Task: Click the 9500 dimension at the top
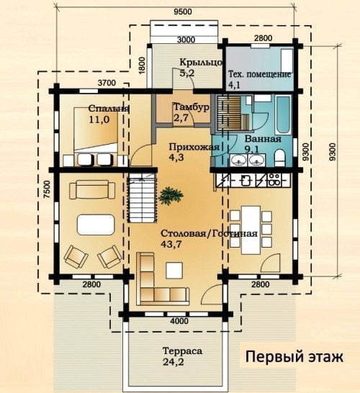182,12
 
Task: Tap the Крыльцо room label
201,62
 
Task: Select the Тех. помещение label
259,74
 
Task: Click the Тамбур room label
192,107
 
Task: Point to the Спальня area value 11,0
99,119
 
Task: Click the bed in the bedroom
96,130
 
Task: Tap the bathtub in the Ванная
284,114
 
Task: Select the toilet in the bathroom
280,158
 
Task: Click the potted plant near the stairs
171,196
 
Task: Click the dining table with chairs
251,230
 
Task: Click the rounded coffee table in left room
96,225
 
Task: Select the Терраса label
182,351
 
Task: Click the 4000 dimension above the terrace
179,321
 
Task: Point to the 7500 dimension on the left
48,189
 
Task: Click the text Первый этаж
294,356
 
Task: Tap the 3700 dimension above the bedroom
107,83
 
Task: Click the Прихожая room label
194,147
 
